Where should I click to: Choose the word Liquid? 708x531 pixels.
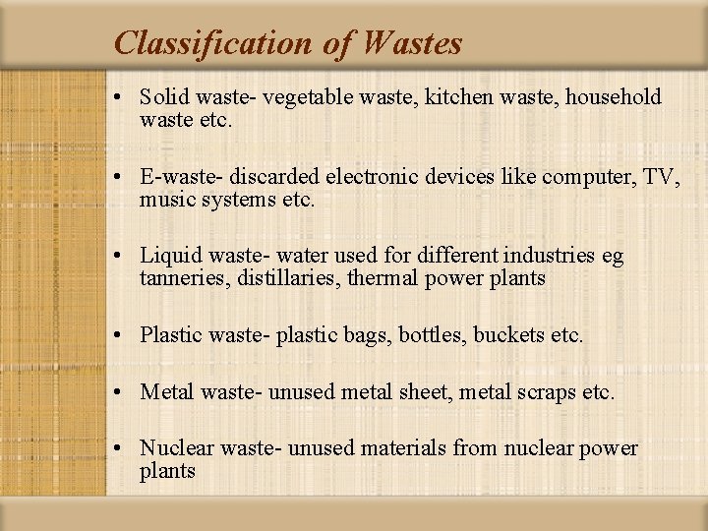[168, 257]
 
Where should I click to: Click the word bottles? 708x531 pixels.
[432, 335]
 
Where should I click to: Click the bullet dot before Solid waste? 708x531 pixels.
[117, 98]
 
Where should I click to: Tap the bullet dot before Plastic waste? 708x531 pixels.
[117, 336]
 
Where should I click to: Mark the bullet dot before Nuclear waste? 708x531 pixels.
[117, 450]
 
